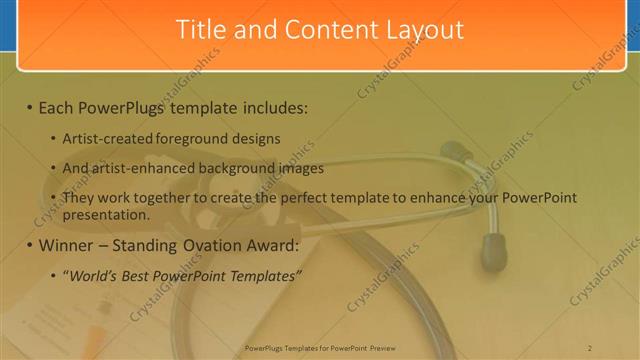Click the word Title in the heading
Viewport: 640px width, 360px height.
(x=199, y=30)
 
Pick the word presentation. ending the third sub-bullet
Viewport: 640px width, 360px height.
(x=105, y=214)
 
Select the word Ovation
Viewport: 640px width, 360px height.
(x=228, y=245)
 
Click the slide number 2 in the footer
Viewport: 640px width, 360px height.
(x=590, y=348)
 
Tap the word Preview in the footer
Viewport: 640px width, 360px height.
(x=382, y=348)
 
